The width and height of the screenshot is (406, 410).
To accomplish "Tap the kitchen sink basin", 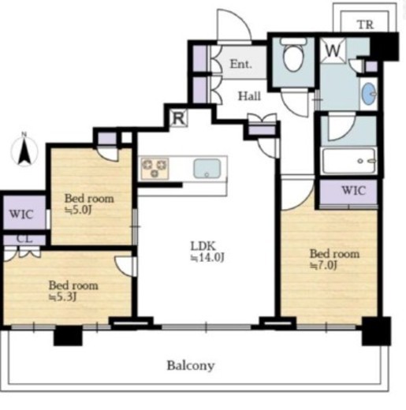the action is point(207,168).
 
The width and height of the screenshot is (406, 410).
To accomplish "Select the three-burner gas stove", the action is point(155,169).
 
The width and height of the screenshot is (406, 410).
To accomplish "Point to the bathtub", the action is point(348,161).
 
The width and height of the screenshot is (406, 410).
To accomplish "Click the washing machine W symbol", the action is point(333,50).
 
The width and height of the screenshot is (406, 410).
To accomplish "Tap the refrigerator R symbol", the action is point(179,118).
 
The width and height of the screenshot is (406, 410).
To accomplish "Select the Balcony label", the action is point(191,366).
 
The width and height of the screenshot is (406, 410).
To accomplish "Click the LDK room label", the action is point(203,246).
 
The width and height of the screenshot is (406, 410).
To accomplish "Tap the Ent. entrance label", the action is point(240,64).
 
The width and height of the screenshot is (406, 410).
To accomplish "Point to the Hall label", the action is point(249,96).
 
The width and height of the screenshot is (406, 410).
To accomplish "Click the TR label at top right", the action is point(365,24).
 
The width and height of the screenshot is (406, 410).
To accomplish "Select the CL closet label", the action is point(24,239).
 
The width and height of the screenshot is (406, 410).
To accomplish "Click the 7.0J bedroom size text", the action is point(324,266).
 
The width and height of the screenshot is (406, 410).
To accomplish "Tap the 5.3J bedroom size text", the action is point(62,297).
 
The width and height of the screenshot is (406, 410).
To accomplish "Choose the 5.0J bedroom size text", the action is point(78,210).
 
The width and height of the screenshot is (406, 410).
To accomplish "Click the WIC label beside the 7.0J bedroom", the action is point(354,191).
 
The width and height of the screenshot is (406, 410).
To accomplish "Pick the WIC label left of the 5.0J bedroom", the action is point(21,214).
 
